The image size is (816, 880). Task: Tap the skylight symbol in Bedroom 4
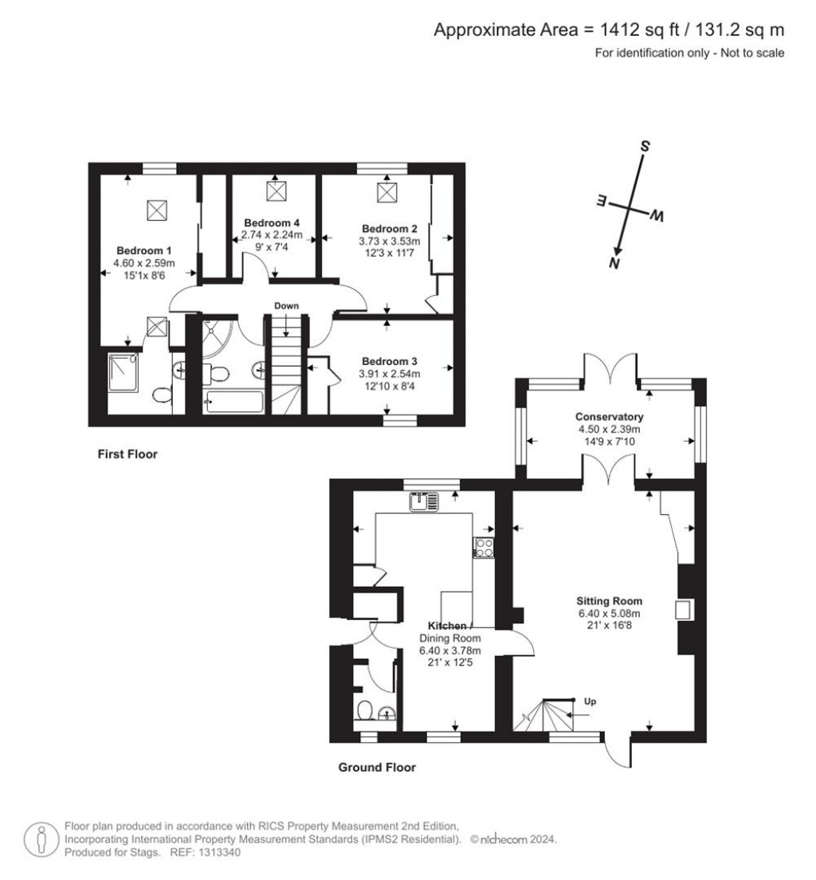coord(276,191)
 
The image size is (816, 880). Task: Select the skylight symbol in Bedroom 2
coord(387,192)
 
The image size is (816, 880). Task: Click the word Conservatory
coord(610,417)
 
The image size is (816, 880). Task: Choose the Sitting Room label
coord(610,601)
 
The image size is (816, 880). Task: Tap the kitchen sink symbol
coord(423,501)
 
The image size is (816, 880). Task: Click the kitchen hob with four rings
coord(484,547)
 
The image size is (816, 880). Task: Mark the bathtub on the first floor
coord(233,401)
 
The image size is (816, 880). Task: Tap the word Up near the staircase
coord(590,702)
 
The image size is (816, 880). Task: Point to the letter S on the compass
coord(645,147)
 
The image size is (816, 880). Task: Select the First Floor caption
coord(127,454)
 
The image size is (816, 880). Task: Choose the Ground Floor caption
coord(377,768)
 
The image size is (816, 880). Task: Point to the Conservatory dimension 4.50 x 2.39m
coord(610,429)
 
